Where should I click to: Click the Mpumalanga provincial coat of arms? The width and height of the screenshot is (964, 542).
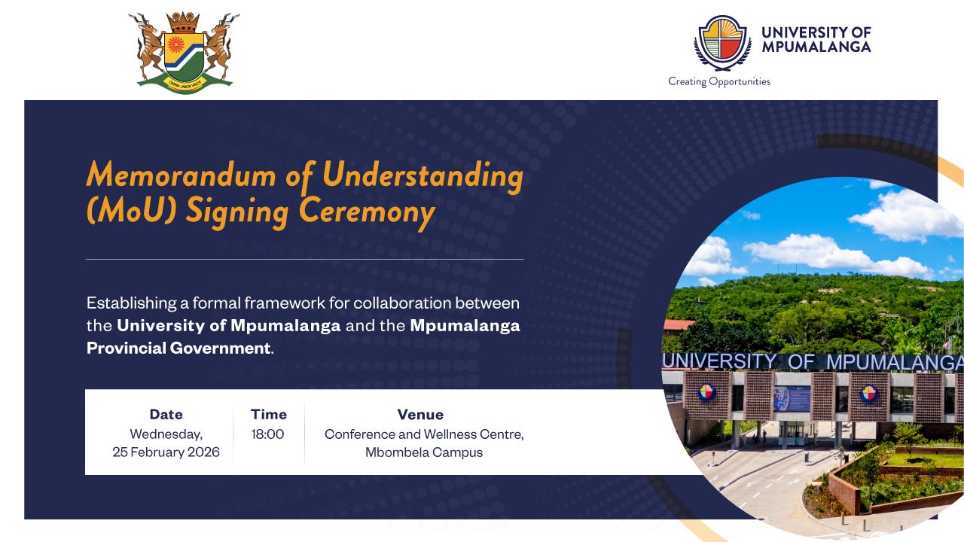[x=184, y=53]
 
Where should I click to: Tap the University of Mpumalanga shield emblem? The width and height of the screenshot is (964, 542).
[x=722, y=43]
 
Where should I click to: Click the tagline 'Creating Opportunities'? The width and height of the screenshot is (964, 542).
[x=718, y=82]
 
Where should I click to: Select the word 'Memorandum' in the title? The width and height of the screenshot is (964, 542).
[x=181, y=175]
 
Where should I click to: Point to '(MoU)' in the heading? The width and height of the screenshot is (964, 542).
[x=131, y=211]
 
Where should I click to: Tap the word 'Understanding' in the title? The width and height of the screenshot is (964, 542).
[x=423, y=177]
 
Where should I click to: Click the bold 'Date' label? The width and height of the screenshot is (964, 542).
[x=166, y=414]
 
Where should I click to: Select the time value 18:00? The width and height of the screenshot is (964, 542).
[x=267, y=434]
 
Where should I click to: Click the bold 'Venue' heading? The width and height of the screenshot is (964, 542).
[x=420, y=414]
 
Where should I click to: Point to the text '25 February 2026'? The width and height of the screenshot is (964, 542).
[x=166, y=452]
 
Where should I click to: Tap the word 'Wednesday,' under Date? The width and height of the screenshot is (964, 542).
[x=166, y=434]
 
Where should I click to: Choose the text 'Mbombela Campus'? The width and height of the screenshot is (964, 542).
[x=424, y=452]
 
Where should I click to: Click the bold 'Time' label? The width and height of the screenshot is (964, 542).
[x=269, y=414]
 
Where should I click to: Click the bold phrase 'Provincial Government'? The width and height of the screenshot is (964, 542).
[x=178, y=348]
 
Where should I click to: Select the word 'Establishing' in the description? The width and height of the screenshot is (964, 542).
[x=132, y=303]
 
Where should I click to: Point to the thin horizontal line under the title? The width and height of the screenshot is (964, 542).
[x=305, y=260]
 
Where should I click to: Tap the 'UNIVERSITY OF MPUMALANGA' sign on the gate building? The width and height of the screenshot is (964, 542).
[x=813, y=362]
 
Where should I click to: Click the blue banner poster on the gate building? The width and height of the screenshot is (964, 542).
[x=792, y=398]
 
